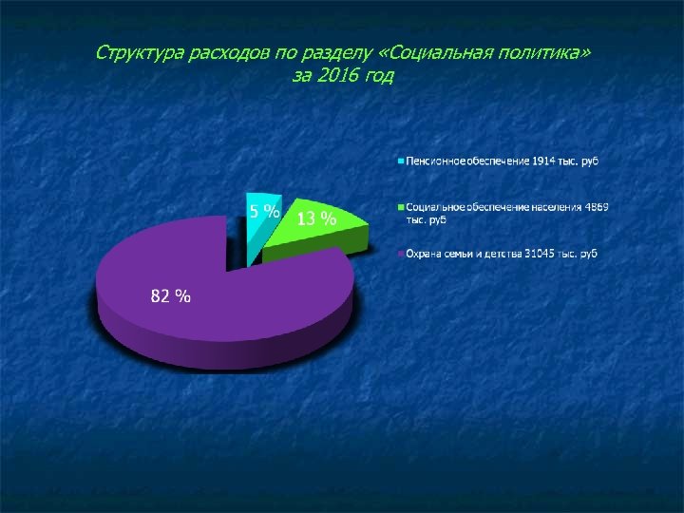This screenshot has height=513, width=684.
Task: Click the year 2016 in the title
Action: (337, 75)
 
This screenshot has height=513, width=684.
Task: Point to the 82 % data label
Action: (171, 296)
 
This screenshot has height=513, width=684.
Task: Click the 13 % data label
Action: (317, 219)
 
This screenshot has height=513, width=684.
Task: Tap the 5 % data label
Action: (264, 211)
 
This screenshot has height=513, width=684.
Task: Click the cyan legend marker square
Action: (402, 161)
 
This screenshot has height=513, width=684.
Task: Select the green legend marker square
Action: (402, 206)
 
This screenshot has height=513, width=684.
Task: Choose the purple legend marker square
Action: (402, 253)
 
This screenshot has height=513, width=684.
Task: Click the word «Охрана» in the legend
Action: (424, 253)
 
